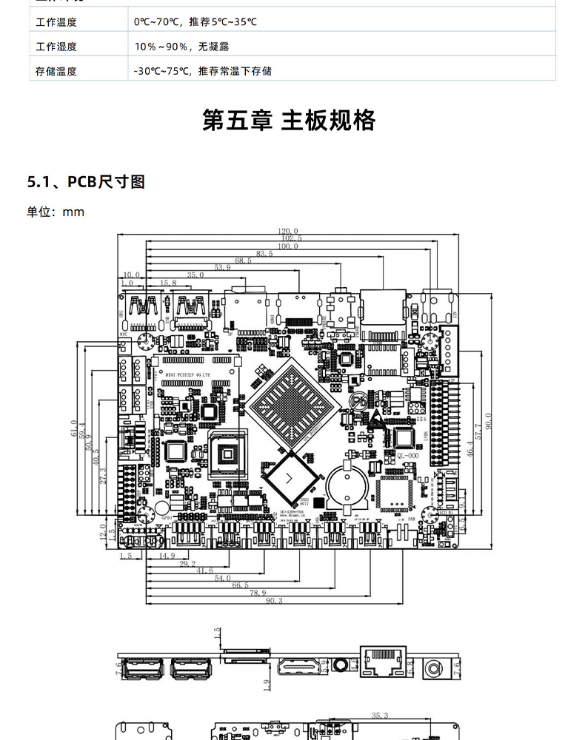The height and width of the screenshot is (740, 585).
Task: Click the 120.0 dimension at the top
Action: click(288, 231)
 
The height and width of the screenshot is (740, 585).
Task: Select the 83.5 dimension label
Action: click(264, 253)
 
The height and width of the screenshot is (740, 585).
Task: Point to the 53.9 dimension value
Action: click(222, 267)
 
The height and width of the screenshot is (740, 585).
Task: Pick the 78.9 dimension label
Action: click(257, 593)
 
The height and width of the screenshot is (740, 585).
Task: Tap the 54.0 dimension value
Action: click(222, 577)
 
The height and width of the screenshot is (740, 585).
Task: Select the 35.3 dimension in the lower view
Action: click(379, 716)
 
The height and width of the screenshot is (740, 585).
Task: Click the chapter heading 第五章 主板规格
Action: click(289, 120)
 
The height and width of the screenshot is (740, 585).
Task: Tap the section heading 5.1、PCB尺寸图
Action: click(85, 181)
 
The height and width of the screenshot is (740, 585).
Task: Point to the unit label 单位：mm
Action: click(56, 212)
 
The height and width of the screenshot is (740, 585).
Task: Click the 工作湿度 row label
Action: click(56, 47)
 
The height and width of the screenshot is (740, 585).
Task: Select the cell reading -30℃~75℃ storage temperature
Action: click(202, 71)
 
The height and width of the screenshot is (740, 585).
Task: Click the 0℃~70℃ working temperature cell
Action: click(195, 22)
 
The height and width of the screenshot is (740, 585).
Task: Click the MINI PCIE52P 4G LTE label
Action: click(192, 375)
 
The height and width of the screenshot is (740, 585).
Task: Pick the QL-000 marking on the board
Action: click(409, 456)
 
